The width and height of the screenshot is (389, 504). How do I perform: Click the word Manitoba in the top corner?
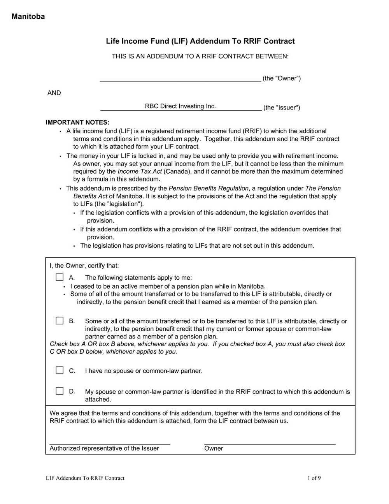[28, 16]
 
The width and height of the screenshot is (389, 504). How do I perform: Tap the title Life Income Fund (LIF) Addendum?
[200, 41]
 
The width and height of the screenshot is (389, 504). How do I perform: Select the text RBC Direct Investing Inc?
[180, 106]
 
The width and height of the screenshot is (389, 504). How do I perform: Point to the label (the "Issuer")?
[282, 107]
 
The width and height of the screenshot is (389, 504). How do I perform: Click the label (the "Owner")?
[282, 78]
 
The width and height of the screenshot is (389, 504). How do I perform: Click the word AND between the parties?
[54, 93]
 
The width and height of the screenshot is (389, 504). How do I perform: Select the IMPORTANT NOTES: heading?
[77, 122]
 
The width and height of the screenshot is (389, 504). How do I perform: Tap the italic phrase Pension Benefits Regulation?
[209, 188]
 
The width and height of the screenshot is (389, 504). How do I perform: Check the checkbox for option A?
[60, 277]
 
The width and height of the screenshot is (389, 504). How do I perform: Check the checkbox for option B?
[60, 321]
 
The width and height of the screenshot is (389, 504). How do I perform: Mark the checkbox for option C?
[60, 370]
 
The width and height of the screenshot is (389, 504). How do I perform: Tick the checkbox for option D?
[60, 391]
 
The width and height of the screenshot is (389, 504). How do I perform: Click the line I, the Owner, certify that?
[84, 266]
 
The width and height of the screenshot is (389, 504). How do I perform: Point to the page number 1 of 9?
[314, 478]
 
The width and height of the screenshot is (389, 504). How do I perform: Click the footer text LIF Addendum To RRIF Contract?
[85, 478]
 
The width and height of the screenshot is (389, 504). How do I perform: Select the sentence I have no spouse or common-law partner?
[144, 371]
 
